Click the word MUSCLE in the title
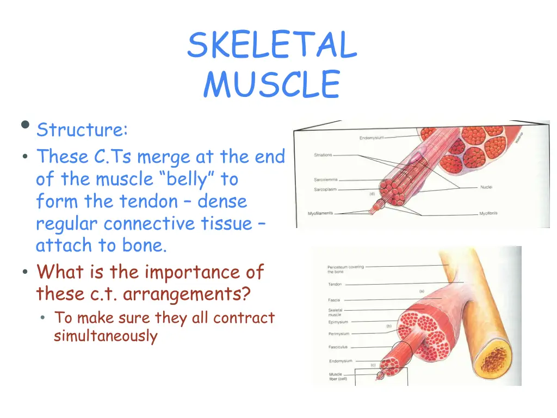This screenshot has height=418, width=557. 271,85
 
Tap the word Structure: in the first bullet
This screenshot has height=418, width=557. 82,130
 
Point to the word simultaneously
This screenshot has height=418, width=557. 105,336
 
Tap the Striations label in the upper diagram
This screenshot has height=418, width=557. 323,155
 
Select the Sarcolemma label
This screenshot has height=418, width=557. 325,180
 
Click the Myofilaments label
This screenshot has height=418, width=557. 320,213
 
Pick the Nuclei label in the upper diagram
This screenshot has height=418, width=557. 486,187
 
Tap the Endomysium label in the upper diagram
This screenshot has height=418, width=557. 372,138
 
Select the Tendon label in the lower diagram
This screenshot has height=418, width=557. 335,284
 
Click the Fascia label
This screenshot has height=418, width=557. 334,299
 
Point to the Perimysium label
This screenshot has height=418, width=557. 338,334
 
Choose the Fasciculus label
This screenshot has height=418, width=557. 338,347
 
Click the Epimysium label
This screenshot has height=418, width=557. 338,322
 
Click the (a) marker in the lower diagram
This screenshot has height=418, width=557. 422,291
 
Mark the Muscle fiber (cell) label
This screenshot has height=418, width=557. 337,377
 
